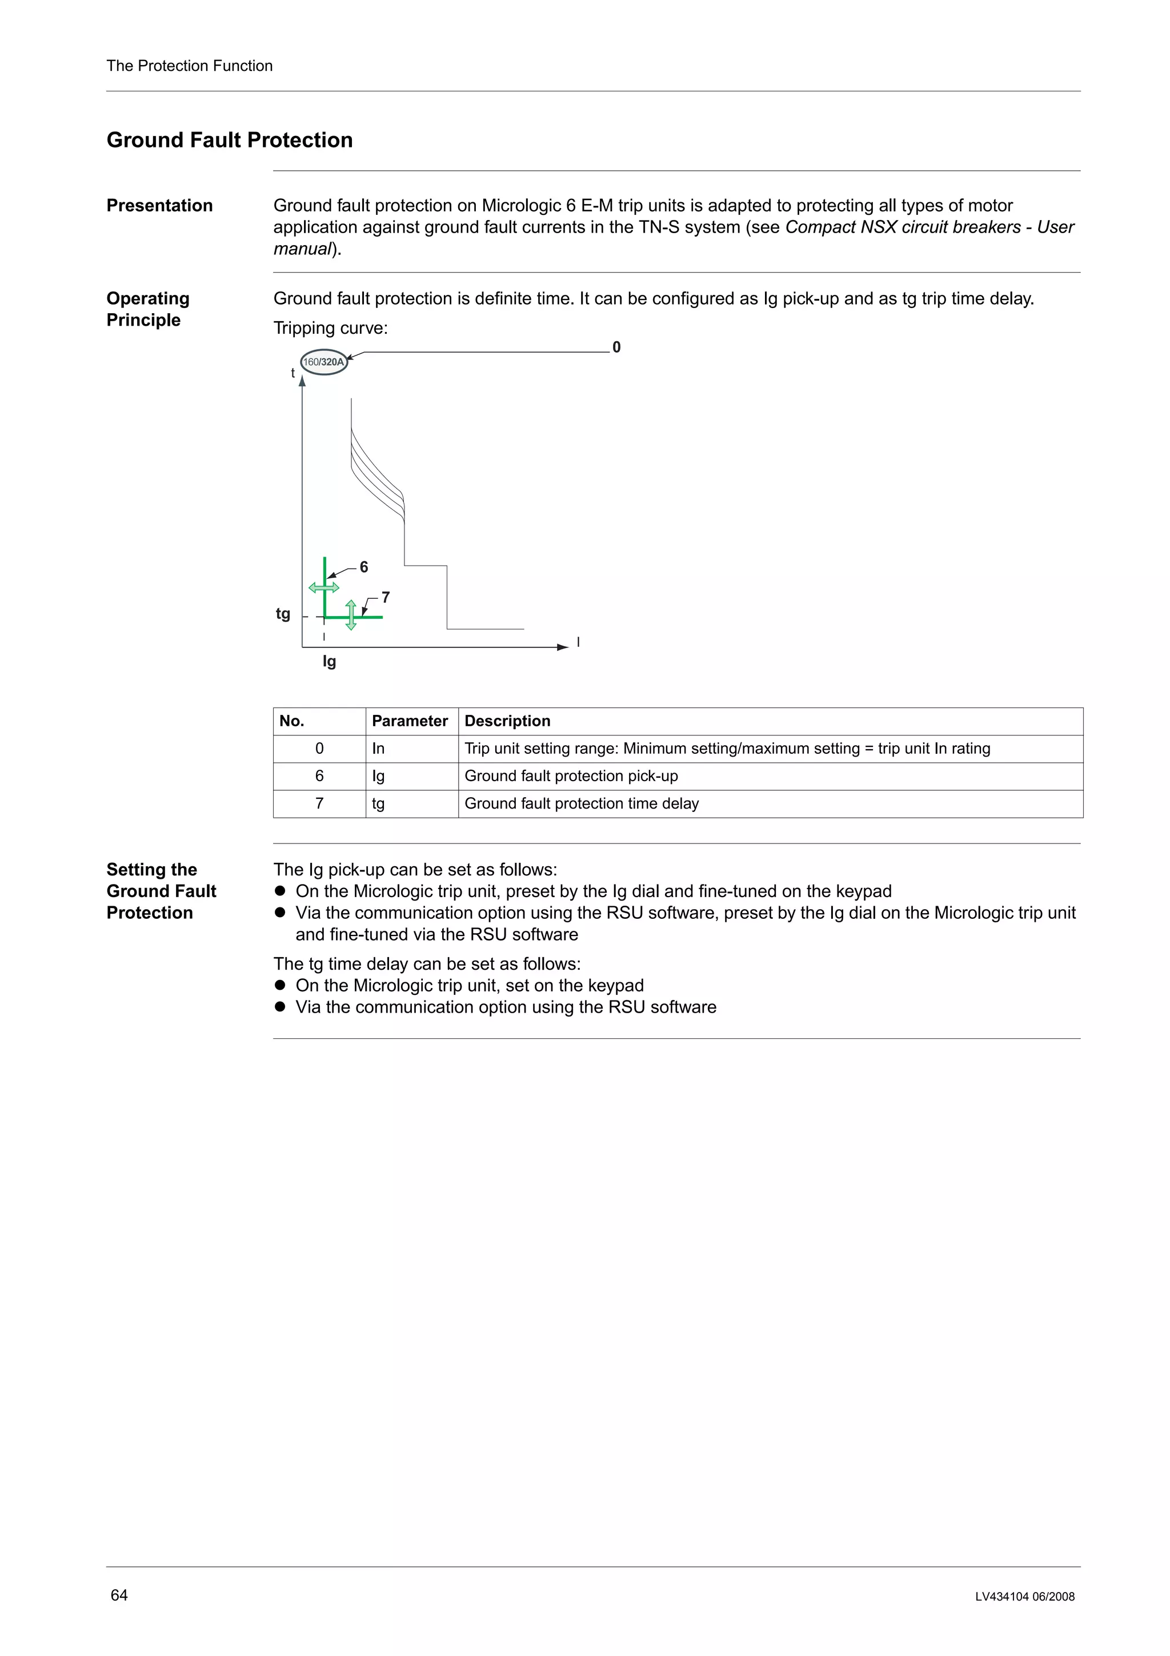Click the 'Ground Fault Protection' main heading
point(229,140)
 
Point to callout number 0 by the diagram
point(616,347)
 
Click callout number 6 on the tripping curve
point(364,567)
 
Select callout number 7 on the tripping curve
point(386,598)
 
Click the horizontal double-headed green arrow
point(324,588)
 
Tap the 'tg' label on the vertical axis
point(283,614)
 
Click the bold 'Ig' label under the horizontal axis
point(330,661)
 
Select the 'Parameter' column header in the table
point(410,721)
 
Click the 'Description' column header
point(507,721)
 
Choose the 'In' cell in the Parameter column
point(378,749)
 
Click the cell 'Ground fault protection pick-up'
point(571,776)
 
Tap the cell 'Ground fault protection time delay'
point(581,803)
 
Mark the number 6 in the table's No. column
point(319,776)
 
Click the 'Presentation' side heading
point(159,206)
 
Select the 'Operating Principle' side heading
point(148,309)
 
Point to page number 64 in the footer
point(119,1595)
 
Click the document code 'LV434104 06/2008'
point(1024,1597)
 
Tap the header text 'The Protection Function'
point(190,66)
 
